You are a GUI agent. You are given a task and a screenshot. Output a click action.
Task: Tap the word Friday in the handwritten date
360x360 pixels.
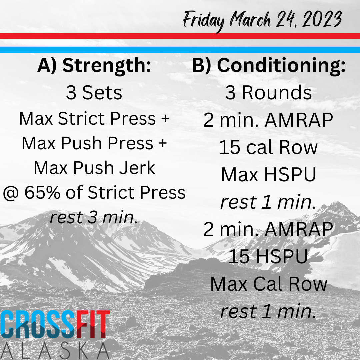[x=204, y=21]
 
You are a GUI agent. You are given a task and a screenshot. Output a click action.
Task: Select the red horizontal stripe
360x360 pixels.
[x=180, y=36]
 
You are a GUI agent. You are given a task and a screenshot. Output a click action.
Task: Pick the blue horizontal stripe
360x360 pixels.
[x=180, y=50]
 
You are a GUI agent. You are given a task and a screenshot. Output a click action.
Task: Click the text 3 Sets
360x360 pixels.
[x=94, y=93]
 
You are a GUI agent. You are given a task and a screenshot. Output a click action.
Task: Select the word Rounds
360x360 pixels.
[x=277, y=93]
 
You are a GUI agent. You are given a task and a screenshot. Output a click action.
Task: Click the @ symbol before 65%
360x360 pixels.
[x=11, y=193]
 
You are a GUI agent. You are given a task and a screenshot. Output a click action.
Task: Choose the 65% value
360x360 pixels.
[x=42, y=192]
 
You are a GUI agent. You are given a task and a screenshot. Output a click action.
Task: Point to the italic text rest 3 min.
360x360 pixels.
[x=94, y=217]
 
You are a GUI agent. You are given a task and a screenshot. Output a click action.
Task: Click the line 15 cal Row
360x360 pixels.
[x=268, y=147]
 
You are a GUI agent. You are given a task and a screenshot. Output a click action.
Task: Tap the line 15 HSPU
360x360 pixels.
[x=268, y=256]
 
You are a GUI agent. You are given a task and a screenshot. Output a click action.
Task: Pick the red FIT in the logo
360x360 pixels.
[x=93, y=325]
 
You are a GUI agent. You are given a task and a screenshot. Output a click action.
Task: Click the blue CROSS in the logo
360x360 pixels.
[x=38, y=325]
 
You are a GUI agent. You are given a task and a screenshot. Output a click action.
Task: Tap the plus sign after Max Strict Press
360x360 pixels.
[x=165, y=119]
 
